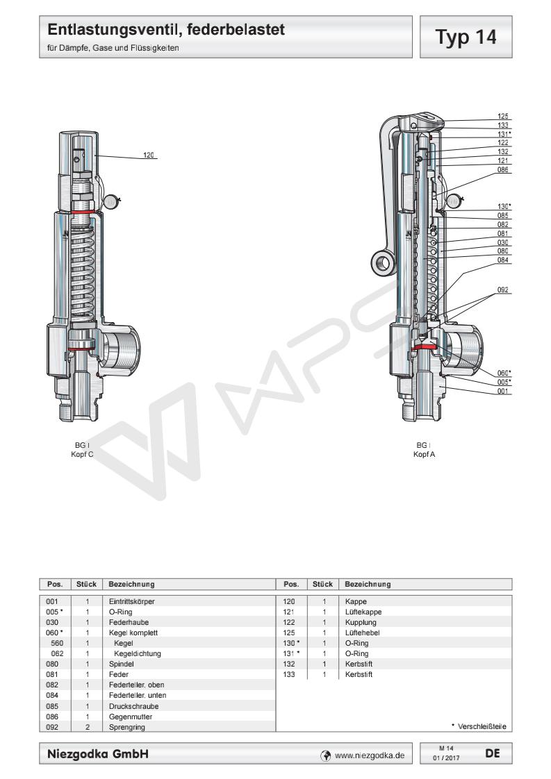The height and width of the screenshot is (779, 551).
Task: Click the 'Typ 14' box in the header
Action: (x=469, y=36)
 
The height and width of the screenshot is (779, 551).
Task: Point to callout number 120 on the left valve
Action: (x=148, y=155)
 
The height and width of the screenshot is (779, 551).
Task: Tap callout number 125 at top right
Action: (x=503, y=117)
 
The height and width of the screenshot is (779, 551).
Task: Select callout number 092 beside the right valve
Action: (x=503, y=288)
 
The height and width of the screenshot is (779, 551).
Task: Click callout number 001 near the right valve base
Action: (x=503, y=391)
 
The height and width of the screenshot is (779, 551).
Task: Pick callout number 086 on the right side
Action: (x=503, y=169)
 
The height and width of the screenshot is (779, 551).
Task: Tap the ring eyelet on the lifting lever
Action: (x=382, y=262)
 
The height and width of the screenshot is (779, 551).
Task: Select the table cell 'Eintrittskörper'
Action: (x=126, y=601)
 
